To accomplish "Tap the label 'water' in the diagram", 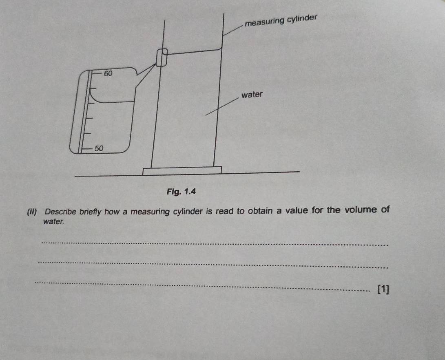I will pos(252,95).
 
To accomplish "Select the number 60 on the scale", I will pos(108,74).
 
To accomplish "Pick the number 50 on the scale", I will pos(99,148).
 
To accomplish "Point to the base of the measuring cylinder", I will pos(182,170).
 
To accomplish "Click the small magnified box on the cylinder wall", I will pos(162,58).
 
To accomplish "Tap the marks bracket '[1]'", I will pos(383,289).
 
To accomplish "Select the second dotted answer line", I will pos(212,265).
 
